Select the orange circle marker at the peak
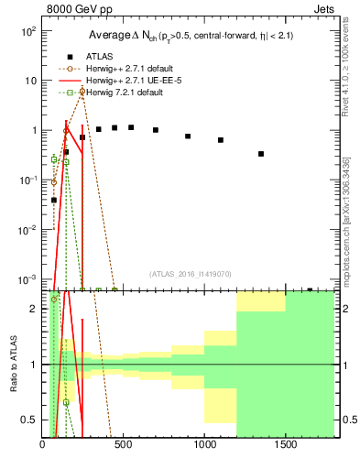(x=82, y=92)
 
